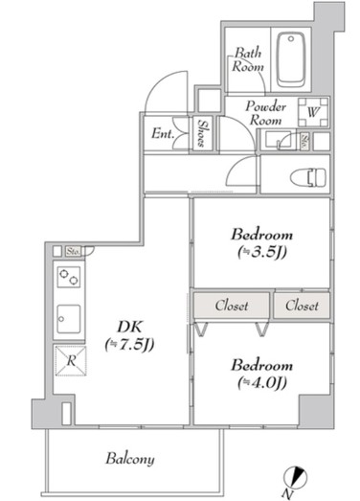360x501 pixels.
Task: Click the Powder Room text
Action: [263, 113]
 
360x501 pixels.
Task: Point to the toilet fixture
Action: [307, 175]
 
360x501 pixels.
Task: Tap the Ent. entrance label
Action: [163, 133]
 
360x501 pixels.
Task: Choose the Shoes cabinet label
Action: [203, 131]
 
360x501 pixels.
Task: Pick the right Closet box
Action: [301, 307]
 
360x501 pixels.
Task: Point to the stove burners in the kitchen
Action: [69, 277]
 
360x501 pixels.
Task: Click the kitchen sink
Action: [69, 315]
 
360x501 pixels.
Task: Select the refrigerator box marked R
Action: [69, 361]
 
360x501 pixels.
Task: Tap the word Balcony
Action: [131, 459]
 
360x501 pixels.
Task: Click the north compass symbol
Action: [298, 476]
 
